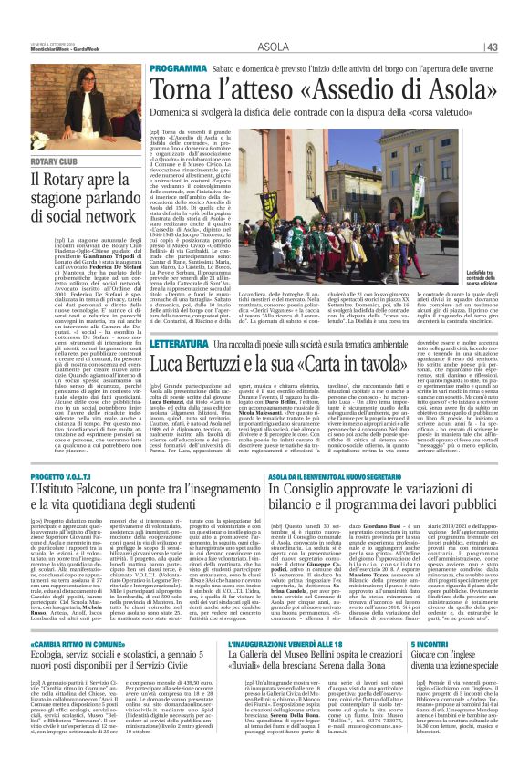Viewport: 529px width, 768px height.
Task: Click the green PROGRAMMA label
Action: pyautogui.click(x=179, y=68)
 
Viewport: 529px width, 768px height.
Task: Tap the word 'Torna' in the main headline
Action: pyautogui.click(x=182, y=90)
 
